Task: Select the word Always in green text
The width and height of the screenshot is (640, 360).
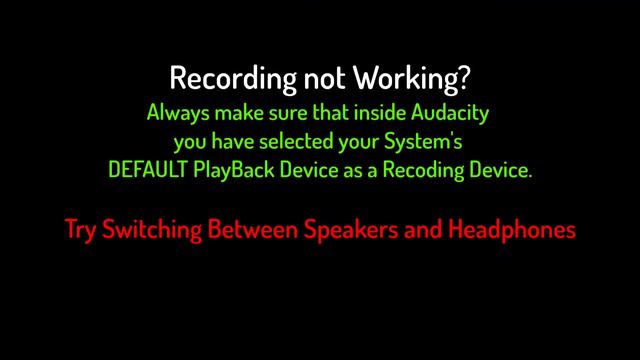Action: [176, 110]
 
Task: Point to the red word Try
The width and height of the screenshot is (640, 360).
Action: [80, 229]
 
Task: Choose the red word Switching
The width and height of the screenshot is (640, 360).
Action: [151, 230]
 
